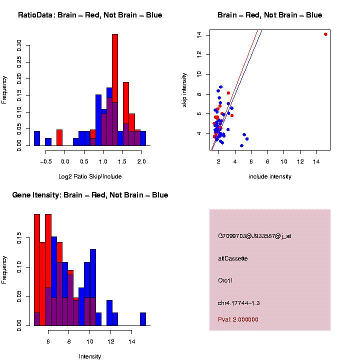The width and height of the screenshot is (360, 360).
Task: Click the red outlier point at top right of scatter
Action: point(325,34)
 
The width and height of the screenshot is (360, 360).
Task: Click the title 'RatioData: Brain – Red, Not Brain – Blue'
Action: point(90,15)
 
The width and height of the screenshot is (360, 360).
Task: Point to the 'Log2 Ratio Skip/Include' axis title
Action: point(90,176)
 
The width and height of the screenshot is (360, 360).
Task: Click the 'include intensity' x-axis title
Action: point(270,176)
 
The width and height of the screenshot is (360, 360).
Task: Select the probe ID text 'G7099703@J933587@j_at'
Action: point(254,236)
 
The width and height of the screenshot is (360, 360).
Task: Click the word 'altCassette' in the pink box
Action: point(233,258)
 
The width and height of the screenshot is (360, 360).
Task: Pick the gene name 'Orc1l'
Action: point(225,280)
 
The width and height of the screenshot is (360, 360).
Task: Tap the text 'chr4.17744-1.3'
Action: point(239,303)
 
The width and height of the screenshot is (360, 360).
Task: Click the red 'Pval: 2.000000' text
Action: point(238,319)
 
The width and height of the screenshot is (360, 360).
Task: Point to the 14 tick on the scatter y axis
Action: point(199,34)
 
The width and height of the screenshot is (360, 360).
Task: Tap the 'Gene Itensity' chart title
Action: point(90,195)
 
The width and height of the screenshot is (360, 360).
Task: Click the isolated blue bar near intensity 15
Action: point(143,319)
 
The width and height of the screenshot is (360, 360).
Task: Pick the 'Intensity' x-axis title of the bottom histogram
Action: point(90,356)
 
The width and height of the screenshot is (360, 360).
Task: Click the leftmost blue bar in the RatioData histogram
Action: point(37,138)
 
